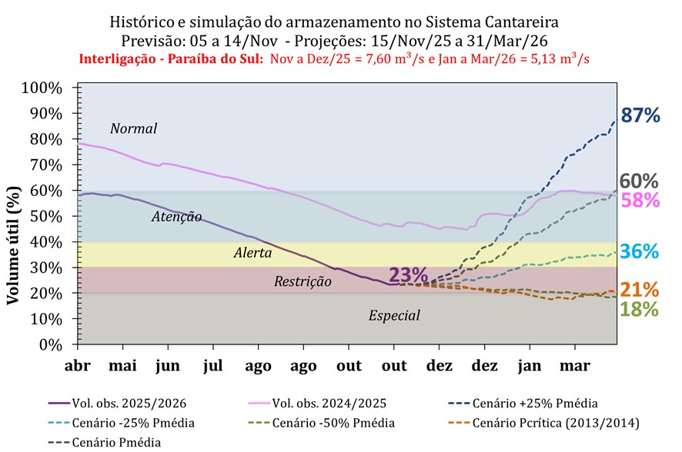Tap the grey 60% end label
(x=639, y=181)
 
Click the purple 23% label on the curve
(x=408, y=275)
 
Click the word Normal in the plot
(x=133, y=128)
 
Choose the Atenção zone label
(x=176, y=217)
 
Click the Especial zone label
(x=394, y=315)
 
